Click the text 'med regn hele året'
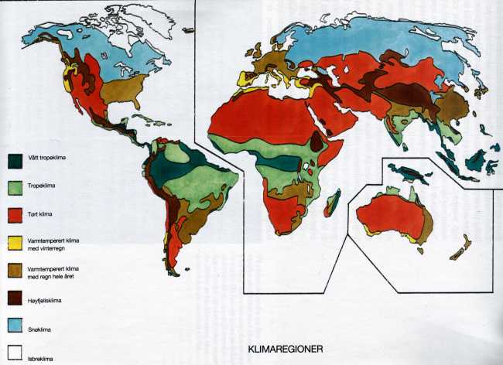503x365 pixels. [49, 275]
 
